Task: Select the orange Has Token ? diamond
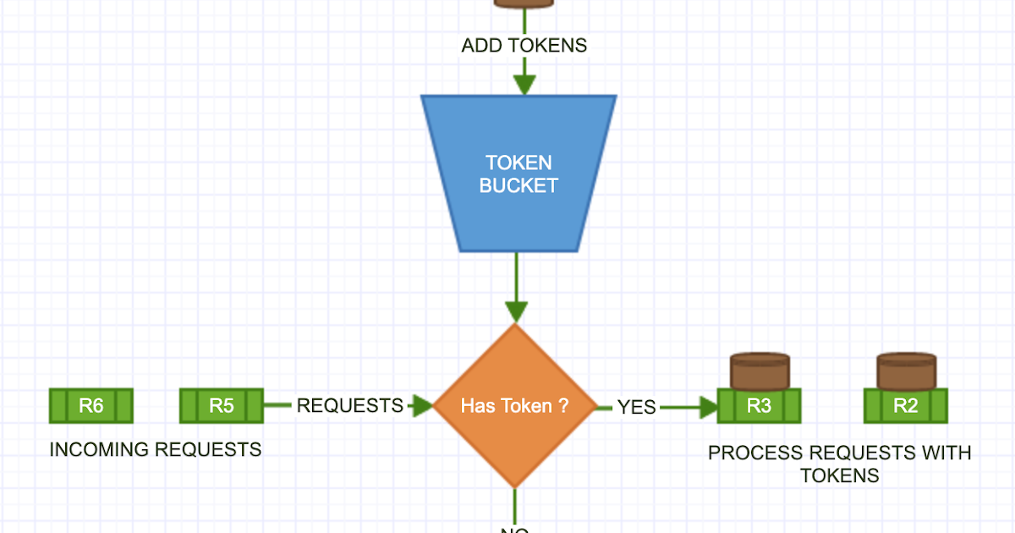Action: point(515,406)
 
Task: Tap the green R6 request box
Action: point(91,406)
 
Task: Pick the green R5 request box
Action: point(222,406)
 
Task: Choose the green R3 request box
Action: point(759,406)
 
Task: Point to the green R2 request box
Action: point(905,406)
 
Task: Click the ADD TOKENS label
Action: point(524,46)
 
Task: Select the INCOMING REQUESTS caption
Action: point(155,449)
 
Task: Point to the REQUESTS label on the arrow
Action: point(349,406)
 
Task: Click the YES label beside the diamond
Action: point(636,407)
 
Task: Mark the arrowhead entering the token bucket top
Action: point(524,85)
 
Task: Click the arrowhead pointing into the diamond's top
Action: point(515,310)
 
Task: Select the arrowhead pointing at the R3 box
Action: point(707,407)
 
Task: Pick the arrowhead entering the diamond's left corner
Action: point(420,406)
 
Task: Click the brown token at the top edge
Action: point(524,3)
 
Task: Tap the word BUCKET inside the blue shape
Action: point(518,185)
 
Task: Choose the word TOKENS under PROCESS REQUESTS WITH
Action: point(839,475)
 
